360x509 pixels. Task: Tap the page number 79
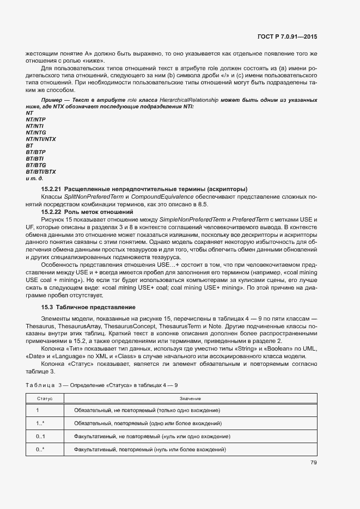[x=314, y=463]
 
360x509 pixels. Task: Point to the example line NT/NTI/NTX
[x=41, y=139]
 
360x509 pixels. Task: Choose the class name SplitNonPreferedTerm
[x=92, y=196]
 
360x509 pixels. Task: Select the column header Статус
[x=44, y=399]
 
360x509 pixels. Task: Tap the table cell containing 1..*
[x=40, y=423]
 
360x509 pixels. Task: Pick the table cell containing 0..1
[x=40, y=436]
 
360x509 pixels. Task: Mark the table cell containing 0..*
[x=40, y=450]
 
